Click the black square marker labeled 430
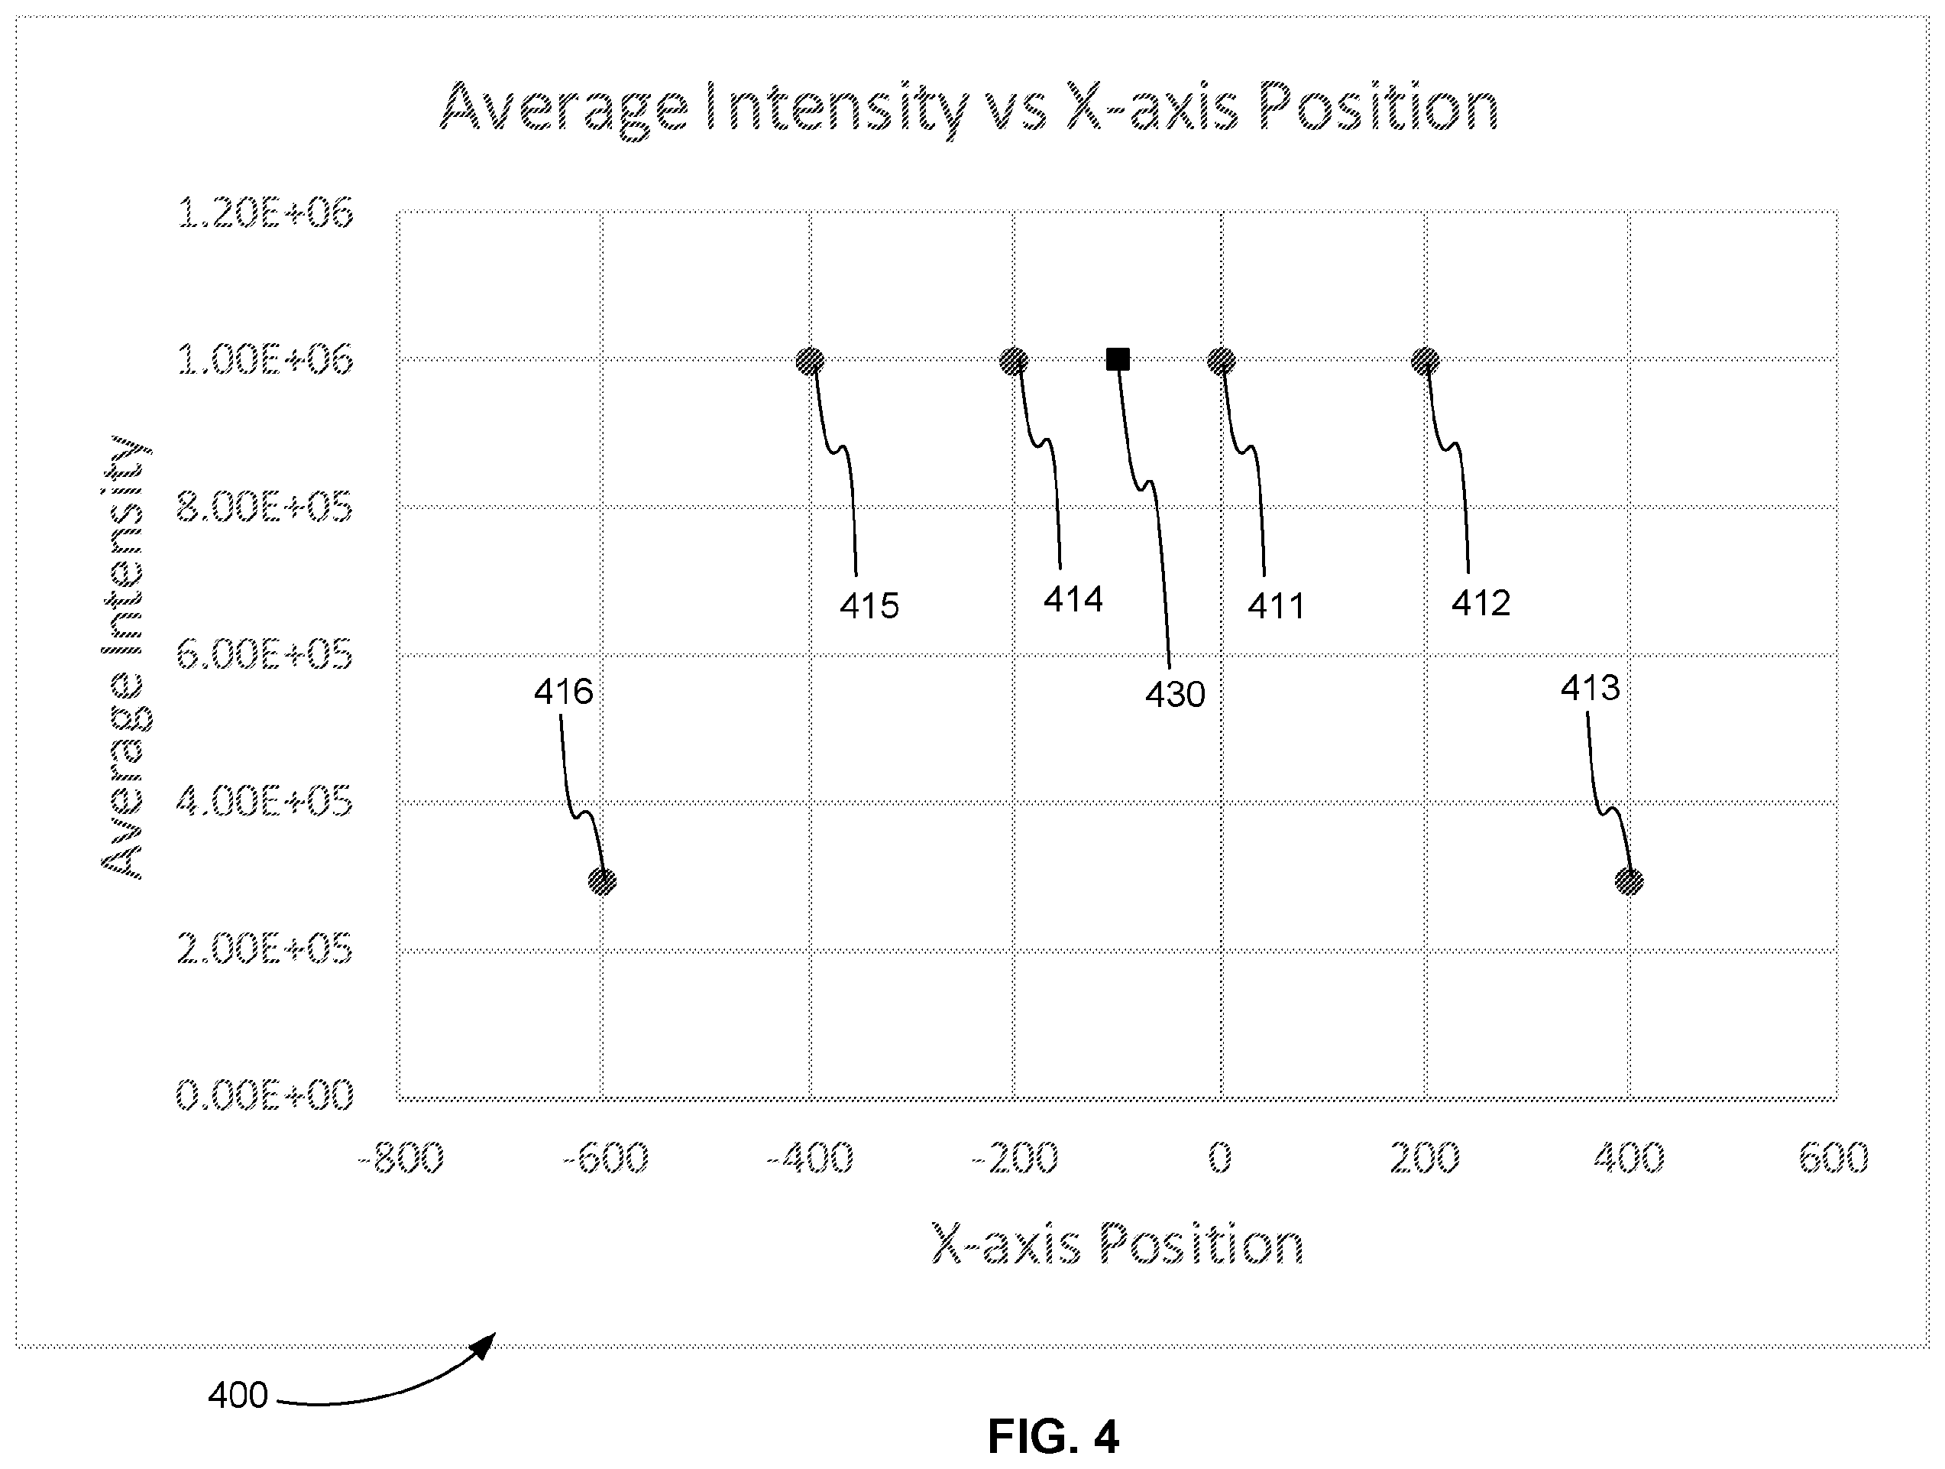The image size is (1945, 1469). click(1118, 359)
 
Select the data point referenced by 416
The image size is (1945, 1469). click(602, 880)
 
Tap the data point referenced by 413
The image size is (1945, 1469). click(1629, 880)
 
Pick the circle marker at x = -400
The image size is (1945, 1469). click(810, 361)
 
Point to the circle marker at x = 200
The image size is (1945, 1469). click(1426, 361)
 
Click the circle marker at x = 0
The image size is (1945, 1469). click(1222, 361)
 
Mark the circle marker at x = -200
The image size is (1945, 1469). click(1014, 361)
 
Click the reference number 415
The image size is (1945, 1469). click(869, 606)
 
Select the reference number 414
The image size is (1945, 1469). click(1073, 599)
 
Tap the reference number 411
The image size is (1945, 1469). click(1276, 606)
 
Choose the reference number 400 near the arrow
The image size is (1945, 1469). click(238, 1395)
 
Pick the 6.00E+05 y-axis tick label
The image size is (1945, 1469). click(264, 654)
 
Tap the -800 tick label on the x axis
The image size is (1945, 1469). click(401, 1158)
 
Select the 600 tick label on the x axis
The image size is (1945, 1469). click(1833, 1158)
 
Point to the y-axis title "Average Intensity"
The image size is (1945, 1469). click(124, 657)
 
